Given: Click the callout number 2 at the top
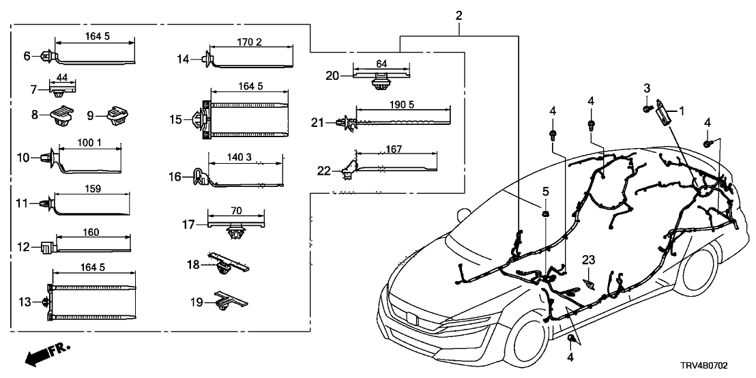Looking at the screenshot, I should point(459,14).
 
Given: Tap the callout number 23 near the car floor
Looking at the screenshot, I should point(589,259).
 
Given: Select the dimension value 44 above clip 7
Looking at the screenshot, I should point(62,79).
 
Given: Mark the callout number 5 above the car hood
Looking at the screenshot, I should point(546,190).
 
